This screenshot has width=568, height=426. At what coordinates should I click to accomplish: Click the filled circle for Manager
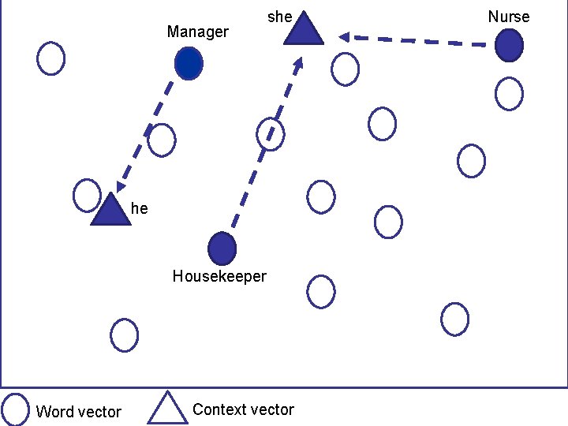(189, 63)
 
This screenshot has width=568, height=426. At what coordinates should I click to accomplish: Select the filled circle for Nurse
(509, 45)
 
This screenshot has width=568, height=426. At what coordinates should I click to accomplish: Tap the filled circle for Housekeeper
(222, 248)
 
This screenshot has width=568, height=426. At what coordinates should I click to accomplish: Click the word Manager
(197, 32)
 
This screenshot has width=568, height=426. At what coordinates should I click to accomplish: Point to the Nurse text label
(509, 17)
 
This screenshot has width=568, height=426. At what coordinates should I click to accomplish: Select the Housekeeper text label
(219, 276)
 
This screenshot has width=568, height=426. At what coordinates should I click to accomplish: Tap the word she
(280, 16)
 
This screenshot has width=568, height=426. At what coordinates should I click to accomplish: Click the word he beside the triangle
(139, 208)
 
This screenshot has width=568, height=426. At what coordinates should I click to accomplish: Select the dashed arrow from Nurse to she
(414, 39)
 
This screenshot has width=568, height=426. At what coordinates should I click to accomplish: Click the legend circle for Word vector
(16, 409)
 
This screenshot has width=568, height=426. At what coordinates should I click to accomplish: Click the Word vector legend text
(79, 412)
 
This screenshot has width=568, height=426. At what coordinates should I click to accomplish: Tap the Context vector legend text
(243, 409)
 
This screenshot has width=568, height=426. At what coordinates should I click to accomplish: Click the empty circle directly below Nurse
(509, 94)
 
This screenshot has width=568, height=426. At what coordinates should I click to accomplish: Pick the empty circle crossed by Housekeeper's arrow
(271, 133)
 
